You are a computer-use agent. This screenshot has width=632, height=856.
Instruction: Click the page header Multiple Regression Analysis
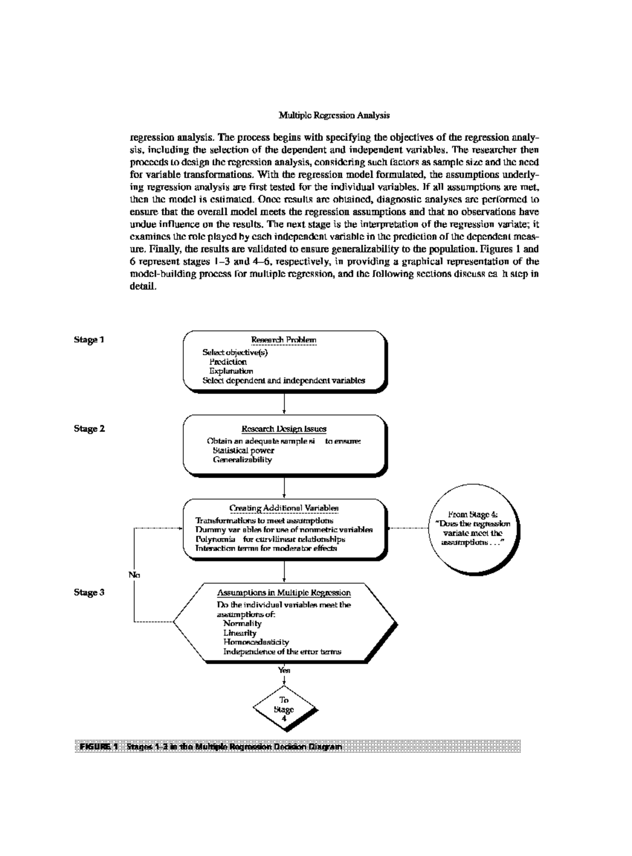click(334, 115)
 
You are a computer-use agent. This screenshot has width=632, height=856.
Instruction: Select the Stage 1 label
click(89, 340)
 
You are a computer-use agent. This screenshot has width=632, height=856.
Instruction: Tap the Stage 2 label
click(89, 429)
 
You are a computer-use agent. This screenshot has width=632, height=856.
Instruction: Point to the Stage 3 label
click(89, 592)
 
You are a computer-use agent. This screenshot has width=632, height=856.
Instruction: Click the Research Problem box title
click(283, 340)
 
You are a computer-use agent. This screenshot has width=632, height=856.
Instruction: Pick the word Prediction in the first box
click(228, 362)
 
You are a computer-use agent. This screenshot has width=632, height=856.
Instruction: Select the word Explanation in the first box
click(231, 371)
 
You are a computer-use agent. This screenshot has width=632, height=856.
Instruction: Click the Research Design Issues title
click(283, 429)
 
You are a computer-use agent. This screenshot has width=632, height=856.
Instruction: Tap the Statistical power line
click(243, 451)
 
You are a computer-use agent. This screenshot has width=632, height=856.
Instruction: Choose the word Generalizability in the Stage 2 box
click(242, 460)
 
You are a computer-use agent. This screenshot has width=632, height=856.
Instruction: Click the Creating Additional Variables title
click(283, 509)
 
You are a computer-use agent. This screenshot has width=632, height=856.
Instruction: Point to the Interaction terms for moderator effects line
click(266, 548)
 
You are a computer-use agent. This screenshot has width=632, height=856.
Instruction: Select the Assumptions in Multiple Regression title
click(283, 593)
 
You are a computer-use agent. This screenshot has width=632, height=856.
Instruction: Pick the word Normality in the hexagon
click(242, 624)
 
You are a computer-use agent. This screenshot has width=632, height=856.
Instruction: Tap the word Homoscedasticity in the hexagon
click(256, 642)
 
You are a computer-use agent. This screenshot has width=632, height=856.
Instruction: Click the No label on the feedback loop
click(134, 575)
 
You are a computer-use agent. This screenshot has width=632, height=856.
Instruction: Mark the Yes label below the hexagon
click(284, 670)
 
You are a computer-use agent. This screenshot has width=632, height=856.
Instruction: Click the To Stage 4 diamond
click(284, 709)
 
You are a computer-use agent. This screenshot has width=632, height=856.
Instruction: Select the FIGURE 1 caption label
click(96, 747)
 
